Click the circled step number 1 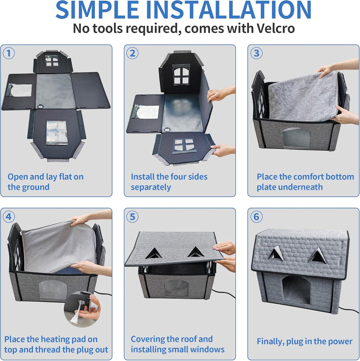click(9, 53)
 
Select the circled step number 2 click(132, 53)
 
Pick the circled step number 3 click(256, 53)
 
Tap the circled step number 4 click(9, 217)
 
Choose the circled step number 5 click(132, 217)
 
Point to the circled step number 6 click(256, 217)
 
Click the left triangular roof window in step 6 click(276, 254)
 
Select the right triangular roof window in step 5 click(196, 252)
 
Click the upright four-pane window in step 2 click(181, 75)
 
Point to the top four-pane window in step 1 click(52, 61)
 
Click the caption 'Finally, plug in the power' click(304, 341)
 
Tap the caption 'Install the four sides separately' click(169, 182)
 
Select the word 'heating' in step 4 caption click(56, 340)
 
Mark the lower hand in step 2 click(223, 150)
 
